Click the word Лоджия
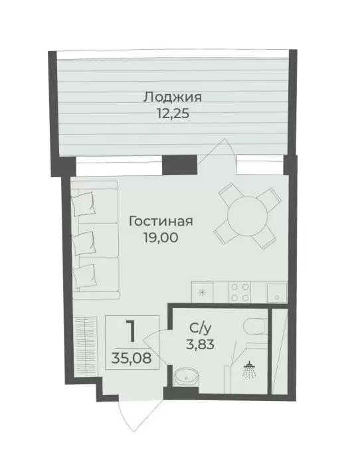click(173, 98)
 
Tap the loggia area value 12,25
click(173, 114)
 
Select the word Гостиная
click(161, 222)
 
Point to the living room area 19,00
click(161, 238)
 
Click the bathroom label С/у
click(200, 329)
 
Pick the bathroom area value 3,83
click(200, 344)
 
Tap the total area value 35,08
click(132, 358)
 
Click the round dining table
click(247, 216)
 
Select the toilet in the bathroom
click(254, 327)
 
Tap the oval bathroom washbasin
click(187, 376)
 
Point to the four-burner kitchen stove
click(240, 292)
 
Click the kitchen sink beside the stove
click(277, 292)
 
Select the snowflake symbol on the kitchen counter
click(203, 293)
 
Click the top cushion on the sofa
click(84, 203)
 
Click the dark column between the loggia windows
click(180, 165)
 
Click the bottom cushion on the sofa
click(84, 276)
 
